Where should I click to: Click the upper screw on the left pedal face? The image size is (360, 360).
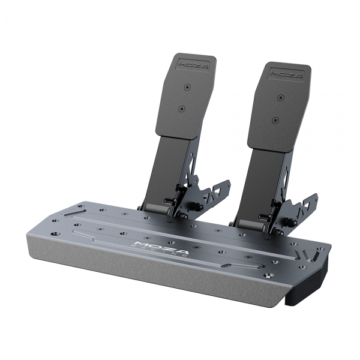pos(188,88)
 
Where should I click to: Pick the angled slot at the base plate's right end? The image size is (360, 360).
pos(312,255)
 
